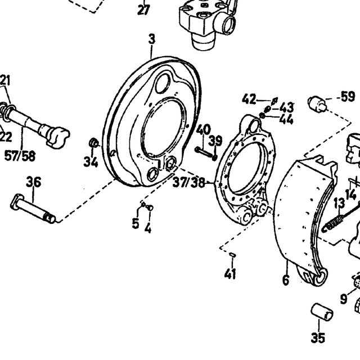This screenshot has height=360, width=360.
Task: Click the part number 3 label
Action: pyautogui.click(x=152, y=39)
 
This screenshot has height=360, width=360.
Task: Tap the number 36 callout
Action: pyautogui.click(x=34, y=182)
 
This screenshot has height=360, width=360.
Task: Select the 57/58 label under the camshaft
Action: pyautogui.click(x=20, y=156)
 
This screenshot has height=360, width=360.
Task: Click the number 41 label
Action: pyautogui.click(x=230, y=274)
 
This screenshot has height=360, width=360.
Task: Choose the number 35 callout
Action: pyautogui.click(x=318, y=337)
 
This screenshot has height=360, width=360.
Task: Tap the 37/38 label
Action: pyautogui.click(x=188, y=182)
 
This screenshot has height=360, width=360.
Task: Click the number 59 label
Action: pyautogui.click(x=348, y=96)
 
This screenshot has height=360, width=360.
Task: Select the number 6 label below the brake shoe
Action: pyautogui.click(x=286, y=280)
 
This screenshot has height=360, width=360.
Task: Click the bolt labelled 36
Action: pyautogui.click(x=33, y=208)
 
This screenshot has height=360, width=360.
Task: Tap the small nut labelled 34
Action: pyautogui.click(x=93, y=143)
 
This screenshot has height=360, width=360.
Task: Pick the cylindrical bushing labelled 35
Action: pyautogui.click(x=322, y=312)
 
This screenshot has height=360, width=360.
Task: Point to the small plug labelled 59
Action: pyautogui.click(x=317, y=104)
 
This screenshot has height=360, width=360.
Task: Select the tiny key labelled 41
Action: pyautogui.click(x=232, y=254)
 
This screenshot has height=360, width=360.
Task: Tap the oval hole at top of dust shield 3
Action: pyautogui.click(x=163, y=83)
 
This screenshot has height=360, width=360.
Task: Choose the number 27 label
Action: pyautogui.click(x=143, y=10)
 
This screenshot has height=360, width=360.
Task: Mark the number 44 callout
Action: pyautogui.click(x=286, y=119)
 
